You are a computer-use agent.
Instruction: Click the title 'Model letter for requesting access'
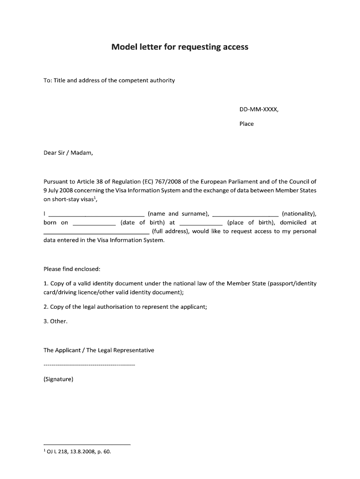pos(180,47)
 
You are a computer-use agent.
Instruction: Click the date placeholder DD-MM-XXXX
pos(259,109)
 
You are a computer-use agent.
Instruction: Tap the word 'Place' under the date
pos(246,124)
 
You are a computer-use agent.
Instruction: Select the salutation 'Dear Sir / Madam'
pos(68,152)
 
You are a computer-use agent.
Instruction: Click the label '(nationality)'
pos(299,214)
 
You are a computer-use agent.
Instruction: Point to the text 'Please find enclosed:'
pos(72,269)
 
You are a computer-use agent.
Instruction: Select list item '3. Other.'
pos(56,321)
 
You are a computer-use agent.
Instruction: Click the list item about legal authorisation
pos(125,307)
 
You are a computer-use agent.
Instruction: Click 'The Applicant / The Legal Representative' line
pos(99,350)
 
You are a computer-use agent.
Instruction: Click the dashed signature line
pos(89,364)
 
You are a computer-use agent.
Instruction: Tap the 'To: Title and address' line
pos(109,80)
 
